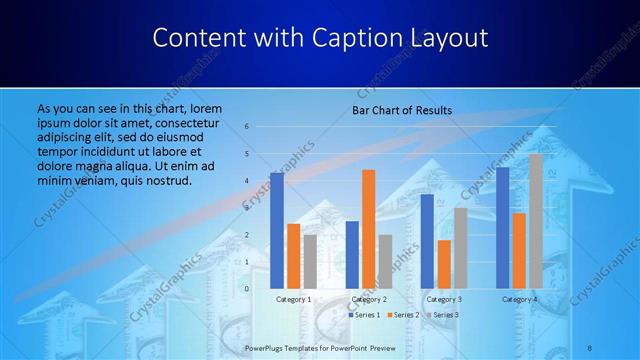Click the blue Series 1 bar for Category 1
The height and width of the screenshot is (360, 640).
click(277, 230)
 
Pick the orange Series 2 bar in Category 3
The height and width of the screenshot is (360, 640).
click(444, 263)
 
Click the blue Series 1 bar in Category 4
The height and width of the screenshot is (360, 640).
click(503, 227)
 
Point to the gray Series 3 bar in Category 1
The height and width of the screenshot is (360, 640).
click(310, 261)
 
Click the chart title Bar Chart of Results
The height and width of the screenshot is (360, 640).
click(402, 110)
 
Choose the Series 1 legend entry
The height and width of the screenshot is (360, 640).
click(364, 315)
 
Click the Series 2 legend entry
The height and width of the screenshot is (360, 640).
click(402, 315)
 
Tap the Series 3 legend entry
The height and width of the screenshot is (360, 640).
click(441, 315)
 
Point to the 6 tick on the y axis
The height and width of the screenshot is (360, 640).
click(247, 127)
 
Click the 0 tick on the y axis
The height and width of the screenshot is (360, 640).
click(247, 288)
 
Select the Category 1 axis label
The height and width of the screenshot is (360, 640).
click(293, 299)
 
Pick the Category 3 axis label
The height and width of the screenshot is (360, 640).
click(444, 299)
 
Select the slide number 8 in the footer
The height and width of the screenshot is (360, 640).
click(590, 347)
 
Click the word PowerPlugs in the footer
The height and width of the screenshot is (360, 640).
click(266, 347)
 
